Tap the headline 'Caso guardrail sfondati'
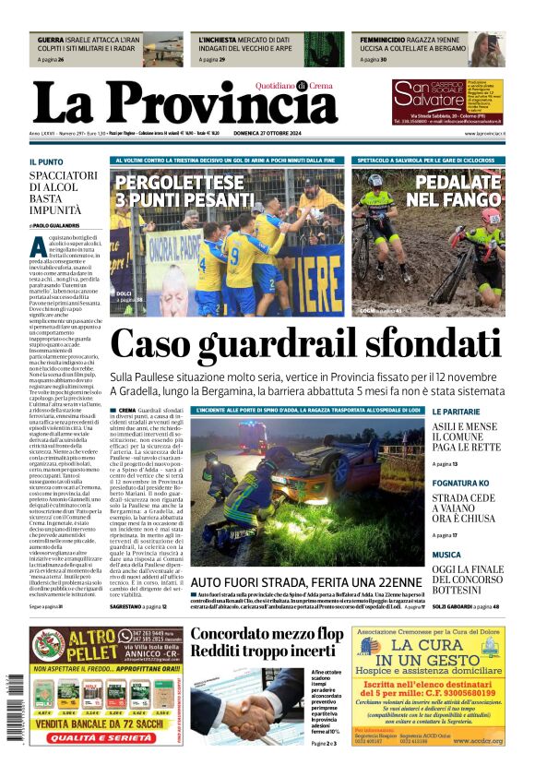click(318, 345)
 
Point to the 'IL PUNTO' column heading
click(46, 161)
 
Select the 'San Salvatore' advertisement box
click(446, 102)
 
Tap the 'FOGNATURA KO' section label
click(460, 483)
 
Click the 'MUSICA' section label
click(446, 555)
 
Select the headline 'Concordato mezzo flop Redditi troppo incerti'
click(267, 642)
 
